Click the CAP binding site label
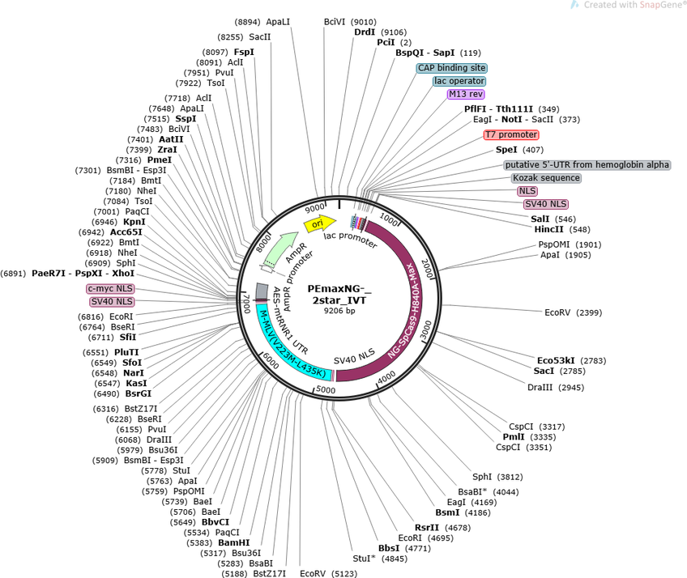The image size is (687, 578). coord(452,68)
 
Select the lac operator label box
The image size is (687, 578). coord(459,81)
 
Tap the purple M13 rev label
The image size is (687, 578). coord(466,94)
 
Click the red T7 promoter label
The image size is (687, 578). coord(510,134)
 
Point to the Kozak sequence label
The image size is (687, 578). coord(546,177)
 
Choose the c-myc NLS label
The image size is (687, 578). coord(110,288)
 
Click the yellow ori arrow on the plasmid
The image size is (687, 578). coord(318,223)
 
